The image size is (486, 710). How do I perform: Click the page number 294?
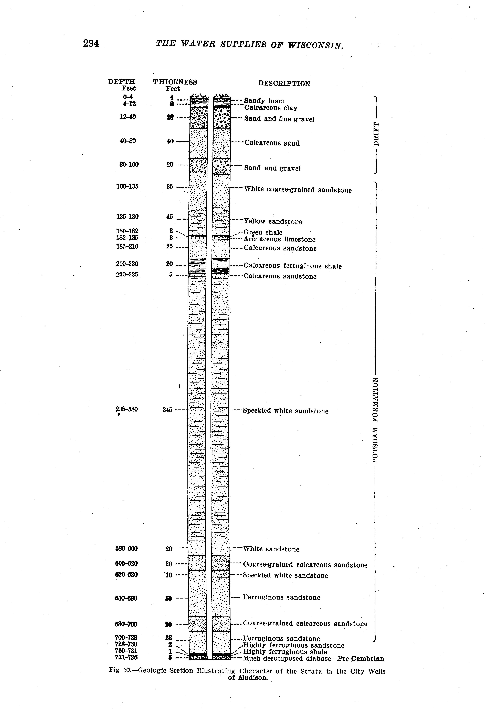[91, 44]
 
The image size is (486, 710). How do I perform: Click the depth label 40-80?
[128, 141]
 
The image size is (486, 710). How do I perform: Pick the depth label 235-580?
[127, 409]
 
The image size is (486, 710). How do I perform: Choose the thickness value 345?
[167, 410]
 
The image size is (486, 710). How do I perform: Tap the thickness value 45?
[170, 217]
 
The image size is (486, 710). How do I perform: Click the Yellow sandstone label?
[273, 221]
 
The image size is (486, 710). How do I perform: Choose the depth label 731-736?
[126, 657]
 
